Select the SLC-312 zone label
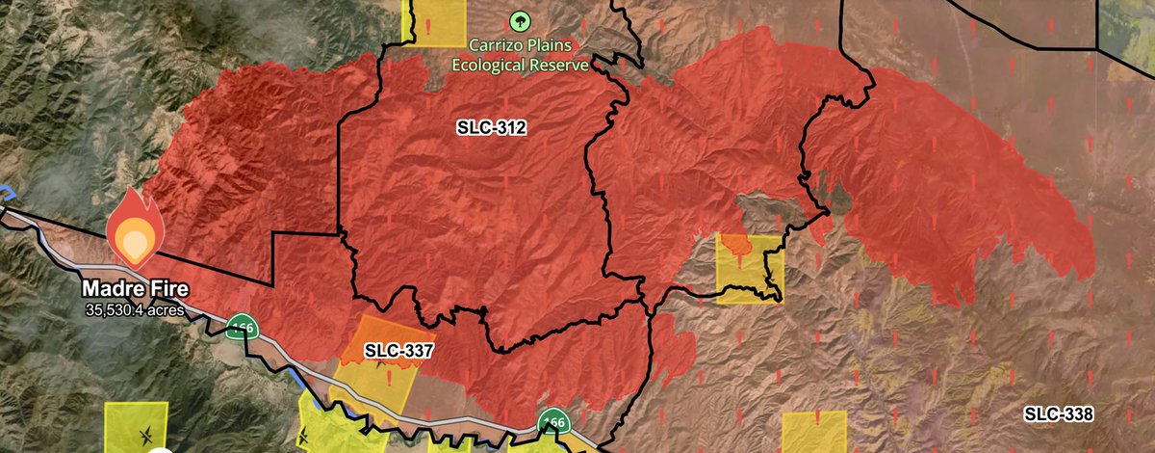491,128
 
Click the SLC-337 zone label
400,349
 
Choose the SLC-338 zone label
1058,414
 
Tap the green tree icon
520,21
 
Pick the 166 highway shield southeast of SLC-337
552,422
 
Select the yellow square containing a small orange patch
750,269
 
